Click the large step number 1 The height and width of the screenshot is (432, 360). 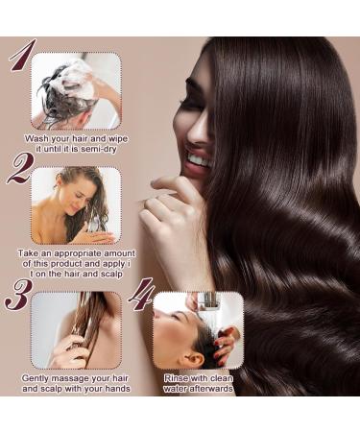(x=20, y=58)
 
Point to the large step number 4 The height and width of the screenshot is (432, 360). (x=140, y=295)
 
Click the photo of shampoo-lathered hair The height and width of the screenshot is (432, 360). (x=76, y=90)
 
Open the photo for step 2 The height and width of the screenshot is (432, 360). (x=76, y=204)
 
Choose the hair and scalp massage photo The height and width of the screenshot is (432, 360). (x=76, y=329)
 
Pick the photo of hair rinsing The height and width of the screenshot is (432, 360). (x=198, y=329)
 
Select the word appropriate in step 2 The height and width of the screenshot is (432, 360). (x=85, y=253)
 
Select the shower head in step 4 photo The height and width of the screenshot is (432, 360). (x=206, y=300)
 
